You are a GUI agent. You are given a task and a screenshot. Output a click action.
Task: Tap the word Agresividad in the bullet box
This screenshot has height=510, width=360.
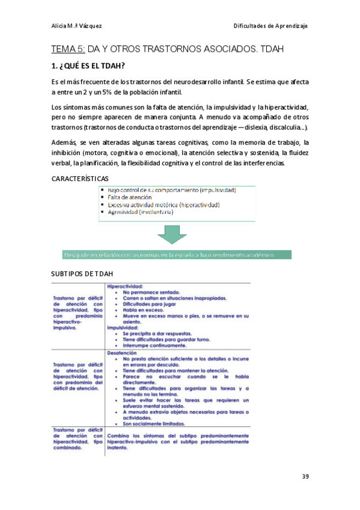click(123, 212)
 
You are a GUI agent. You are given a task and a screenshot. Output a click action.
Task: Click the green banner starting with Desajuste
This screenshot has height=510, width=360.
click(174, 255)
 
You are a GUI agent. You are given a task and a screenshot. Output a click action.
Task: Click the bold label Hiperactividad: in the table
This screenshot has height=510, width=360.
click(124, 286)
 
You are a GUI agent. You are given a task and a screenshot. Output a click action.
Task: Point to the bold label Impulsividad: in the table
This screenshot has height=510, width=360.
click(123, 328)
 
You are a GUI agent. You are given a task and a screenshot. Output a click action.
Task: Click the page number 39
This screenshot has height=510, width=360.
click(305, 477)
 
